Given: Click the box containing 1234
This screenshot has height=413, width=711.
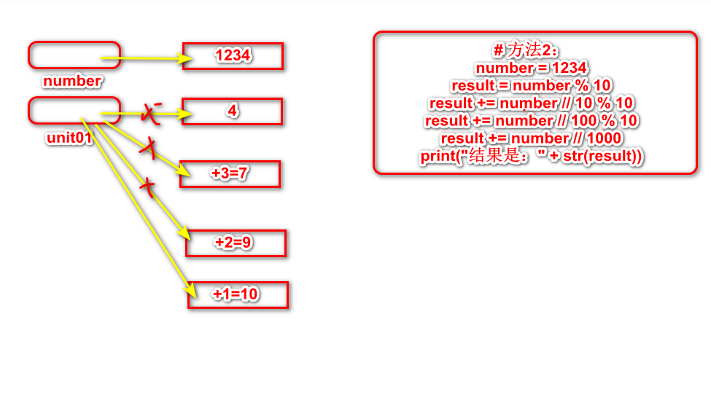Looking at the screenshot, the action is point(233,56).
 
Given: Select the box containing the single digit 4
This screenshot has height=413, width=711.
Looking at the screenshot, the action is point(232,111).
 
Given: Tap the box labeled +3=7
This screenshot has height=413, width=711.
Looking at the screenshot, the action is point(230,174).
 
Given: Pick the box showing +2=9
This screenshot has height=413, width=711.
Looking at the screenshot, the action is point(235,243).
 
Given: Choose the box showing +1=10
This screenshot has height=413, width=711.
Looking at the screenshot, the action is point(237,294).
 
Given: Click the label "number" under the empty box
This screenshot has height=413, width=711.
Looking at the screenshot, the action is point(72,81).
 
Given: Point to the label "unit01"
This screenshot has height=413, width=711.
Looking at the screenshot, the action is point(69,138).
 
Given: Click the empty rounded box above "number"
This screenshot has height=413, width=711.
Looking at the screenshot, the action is point(73,54).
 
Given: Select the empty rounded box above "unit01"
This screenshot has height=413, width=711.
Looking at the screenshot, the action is point(73,111).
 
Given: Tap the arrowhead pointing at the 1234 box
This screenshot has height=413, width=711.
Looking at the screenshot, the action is point(178,58).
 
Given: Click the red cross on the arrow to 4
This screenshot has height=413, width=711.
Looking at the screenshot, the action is point(152,113).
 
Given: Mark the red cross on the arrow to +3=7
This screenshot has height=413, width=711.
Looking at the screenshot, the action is point(149,149).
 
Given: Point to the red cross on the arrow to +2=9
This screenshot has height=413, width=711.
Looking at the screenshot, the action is point(148,187).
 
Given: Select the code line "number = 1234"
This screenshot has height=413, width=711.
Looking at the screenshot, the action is point(531,68).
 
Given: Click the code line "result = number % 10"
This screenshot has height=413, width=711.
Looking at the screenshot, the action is point(531,85).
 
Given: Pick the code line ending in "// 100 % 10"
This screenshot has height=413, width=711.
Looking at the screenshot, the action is point(532,120).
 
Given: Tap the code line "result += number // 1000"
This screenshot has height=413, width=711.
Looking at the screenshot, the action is point(532,138).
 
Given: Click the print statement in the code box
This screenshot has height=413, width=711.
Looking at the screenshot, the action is point(531,155).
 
